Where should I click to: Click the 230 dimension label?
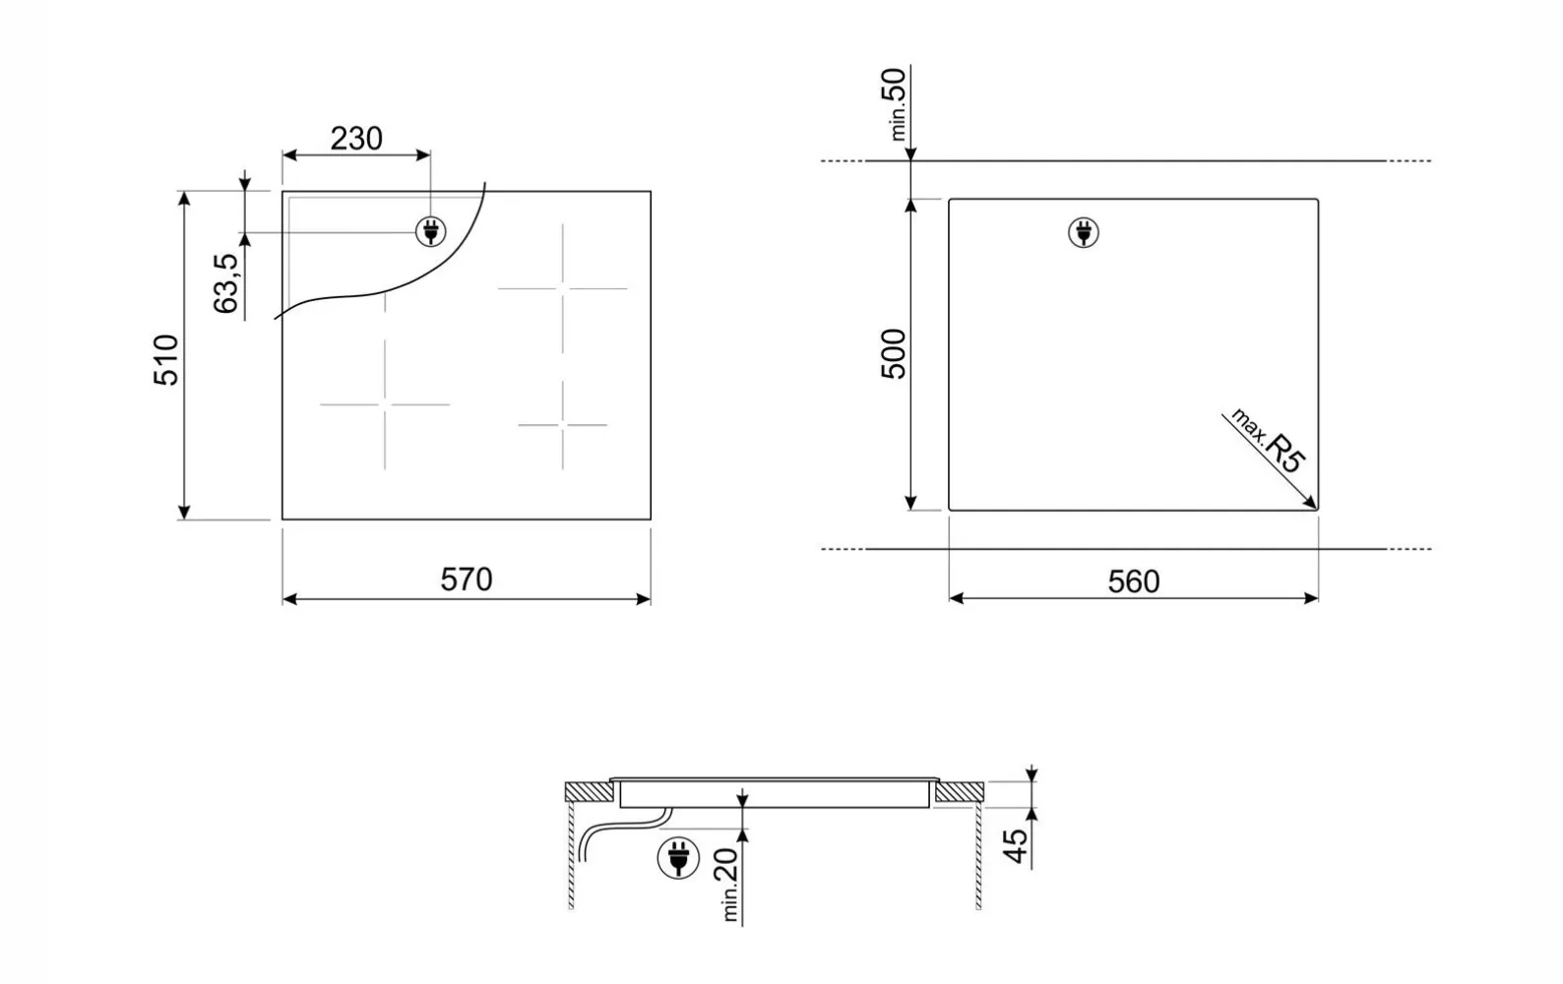356,139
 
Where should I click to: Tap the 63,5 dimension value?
226,283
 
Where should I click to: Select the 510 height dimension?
166,360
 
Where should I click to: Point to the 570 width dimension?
467,580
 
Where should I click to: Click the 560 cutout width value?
1134,582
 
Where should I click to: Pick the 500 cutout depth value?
893,354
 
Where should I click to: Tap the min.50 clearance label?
895,104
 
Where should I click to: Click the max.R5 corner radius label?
1267,441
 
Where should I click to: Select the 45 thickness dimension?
1016,846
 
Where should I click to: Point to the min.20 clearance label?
727,885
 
